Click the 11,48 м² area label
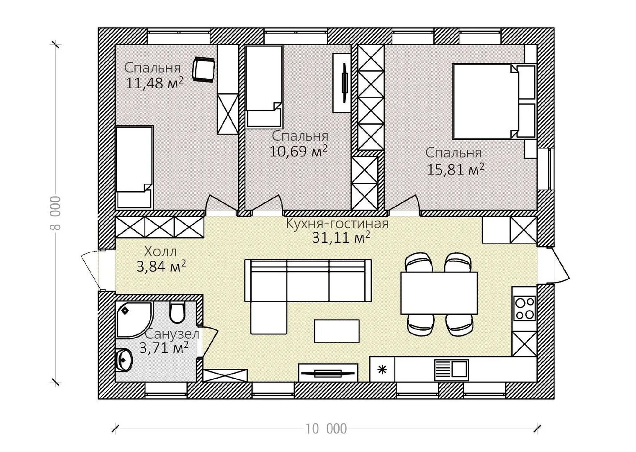154,83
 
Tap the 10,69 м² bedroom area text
298,151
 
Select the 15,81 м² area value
456,169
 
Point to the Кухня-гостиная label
337,223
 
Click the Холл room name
160,252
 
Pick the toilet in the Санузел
177,312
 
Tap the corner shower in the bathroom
134,320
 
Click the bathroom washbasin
124,360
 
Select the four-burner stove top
525,308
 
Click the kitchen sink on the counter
451,370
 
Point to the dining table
439,293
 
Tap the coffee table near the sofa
337,331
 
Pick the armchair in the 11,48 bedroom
203,69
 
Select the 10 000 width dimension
326,429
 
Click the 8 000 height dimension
57,213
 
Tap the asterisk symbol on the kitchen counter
382,370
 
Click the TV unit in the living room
328,373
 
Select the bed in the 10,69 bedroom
264,86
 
